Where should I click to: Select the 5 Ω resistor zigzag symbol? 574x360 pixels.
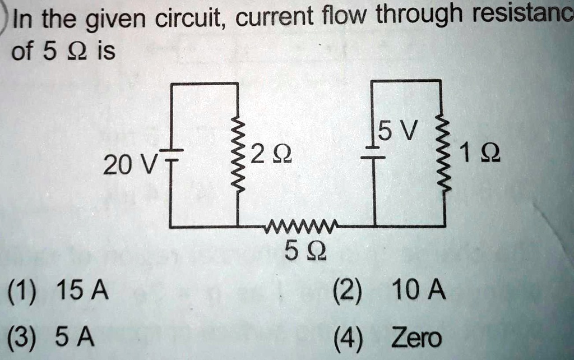pos(303,227)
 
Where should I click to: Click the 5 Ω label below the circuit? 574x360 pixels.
pos(302,253)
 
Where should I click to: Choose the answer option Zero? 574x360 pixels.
pos(416,338)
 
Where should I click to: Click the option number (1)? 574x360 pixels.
pos(26,292)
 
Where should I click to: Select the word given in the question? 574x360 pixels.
pos(114,21)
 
